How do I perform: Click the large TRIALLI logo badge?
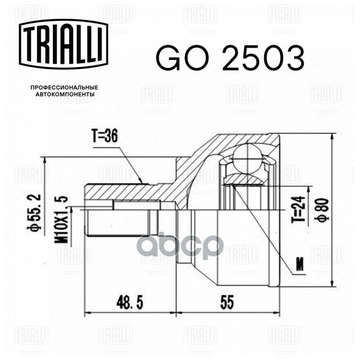(x=63, y=44)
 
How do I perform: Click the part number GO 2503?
(x=230, y=58)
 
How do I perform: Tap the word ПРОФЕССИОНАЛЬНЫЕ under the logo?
(x=64, y=88)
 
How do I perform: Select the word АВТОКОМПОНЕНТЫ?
(x=64, y=94)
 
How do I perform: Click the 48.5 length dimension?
(x=130, y=303)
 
